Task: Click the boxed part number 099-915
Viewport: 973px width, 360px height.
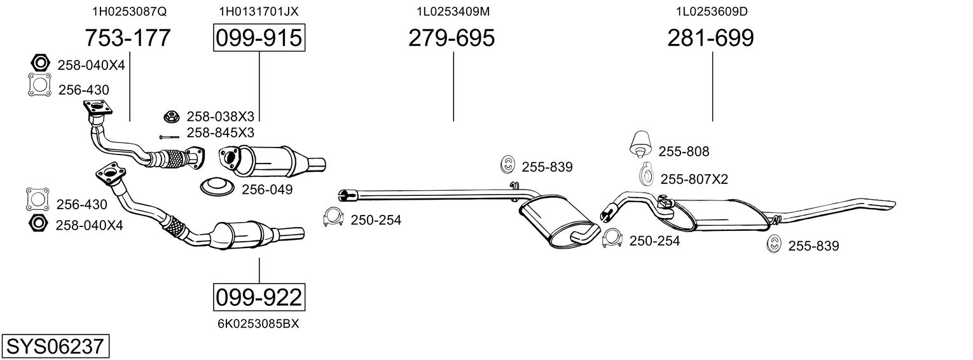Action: tap(259, 38)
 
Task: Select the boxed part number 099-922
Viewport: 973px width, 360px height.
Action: tap(259, 298)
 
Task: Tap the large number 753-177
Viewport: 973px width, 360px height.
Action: tap(128, 38)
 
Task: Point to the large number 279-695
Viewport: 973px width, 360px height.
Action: tap(452, 38)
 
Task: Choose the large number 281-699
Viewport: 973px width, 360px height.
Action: tap(710, 38)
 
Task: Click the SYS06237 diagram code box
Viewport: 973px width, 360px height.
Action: tap(55, 346)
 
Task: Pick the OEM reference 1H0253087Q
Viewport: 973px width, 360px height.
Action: tap(130, 11)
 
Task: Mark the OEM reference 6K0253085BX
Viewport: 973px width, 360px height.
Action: tap(258, 324)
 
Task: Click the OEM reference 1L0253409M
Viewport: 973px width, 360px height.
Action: tap(453, 11)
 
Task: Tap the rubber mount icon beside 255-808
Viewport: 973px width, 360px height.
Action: tap(640, 143)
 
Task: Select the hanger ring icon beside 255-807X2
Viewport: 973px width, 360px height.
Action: tap(646, 174)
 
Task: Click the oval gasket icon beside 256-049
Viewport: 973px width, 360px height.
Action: tap(217, 187)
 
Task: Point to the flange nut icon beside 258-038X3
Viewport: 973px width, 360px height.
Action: tap(172, 116)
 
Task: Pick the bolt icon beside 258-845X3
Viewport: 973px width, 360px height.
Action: tap(169, 137)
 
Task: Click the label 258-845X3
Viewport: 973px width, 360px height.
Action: tap(221, 132)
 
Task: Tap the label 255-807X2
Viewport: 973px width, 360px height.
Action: tap(694, 179)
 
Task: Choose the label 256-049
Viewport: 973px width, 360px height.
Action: tap(267, 190)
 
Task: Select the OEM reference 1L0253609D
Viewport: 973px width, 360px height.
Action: tap(712, 11)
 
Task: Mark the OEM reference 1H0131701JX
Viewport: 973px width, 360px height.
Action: tap(259, 11)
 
